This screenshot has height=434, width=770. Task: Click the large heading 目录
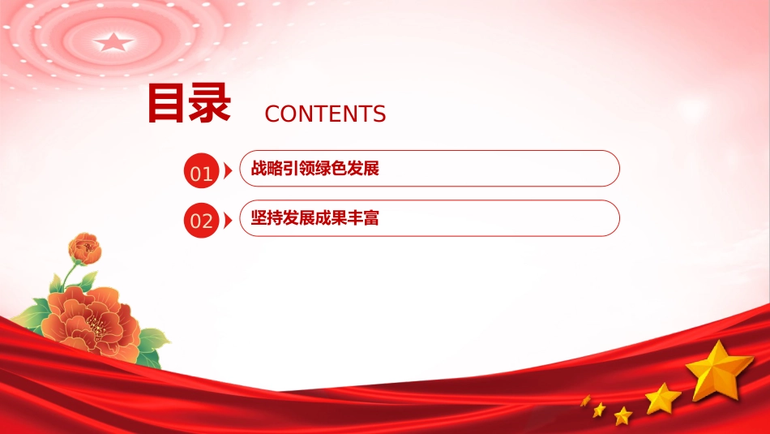189,103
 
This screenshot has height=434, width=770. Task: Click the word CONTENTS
325,114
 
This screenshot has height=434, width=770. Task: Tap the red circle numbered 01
201,170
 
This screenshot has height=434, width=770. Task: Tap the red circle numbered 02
201,220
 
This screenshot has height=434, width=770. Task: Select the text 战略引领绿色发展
314,169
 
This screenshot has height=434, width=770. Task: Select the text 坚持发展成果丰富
314,217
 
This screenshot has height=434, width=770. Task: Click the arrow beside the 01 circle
228,170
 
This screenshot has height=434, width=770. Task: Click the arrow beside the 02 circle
228,220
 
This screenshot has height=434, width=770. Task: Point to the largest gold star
720,371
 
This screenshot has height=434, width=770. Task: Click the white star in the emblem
113,42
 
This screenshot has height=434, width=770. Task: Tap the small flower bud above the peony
85,249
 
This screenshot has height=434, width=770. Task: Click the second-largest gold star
662,398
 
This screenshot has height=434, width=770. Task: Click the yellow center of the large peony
96,326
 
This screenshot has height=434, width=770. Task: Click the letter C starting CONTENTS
272,114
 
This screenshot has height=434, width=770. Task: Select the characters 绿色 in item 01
331,169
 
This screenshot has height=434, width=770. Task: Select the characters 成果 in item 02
331,217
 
